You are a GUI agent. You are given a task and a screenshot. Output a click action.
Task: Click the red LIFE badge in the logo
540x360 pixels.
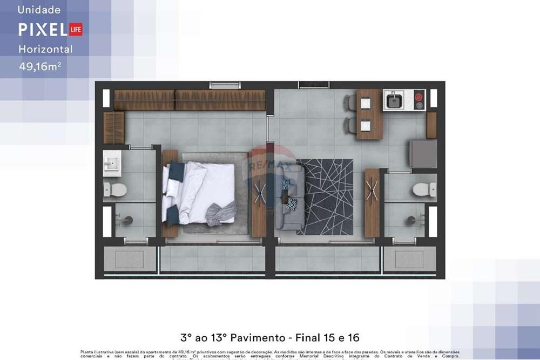click(76, 30)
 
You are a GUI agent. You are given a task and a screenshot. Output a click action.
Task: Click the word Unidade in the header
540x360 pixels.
click(39, 10)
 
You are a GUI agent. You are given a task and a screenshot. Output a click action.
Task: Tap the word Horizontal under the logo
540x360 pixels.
click(45, 49)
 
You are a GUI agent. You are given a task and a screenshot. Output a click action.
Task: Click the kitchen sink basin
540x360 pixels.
click(394, 100)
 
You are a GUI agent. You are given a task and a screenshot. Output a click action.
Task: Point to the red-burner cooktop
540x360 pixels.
click(418, 100)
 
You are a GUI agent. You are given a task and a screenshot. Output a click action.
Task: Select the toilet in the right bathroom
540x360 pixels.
click(424, 189)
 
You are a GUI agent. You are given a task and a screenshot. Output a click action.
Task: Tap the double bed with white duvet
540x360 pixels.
click(200, 193)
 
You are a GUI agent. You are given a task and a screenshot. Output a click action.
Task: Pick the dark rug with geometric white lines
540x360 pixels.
click(325, 196)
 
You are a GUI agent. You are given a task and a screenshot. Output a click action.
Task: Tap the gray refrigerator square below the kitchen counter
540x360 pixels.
click(423, 154)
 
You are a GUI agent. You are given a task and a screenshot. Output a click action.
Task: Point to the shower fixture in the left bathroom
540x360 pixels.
click(127, 220)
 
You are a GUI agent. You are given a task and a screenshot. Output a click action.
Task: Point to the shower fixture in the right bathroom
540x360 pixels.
click(413, 220)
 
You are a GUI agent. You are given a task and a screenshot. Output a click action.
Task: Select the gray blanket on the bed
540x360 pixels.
click(221, 213)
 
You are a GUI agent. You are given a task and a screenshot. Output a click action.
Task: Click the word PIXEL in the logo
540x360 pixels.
click(42, 30)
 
